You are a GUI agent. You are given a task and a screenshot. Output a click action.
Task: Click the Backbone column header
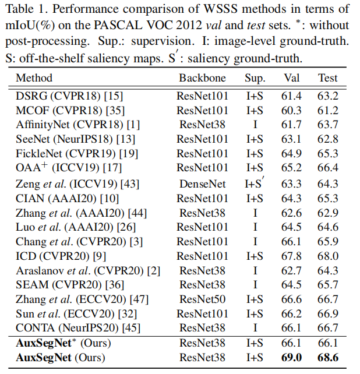(203, 78)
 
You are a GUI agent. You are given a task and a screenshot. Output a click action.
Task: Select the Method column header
(34, 78)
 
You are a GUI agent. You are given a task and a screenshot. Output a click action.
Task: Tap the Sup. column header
(255, 78)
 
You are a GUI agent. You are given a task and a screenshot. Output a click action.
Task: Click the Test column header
(327, 78)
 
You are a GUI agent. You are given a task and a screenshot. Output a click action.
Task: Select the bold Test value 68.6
(327, 357)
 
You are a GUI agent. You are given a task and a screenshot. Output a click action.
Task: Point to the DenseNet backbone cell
(203, 183)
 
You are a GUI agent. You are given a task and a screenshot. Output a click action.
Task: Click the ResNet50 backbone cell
(203, 299)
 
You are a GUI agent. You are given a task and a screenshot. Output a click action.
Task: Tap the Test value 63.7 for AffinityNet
(327, 124)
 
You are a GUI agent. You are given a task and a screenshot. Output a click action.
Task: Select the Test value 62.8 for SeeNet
(327, 139)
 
